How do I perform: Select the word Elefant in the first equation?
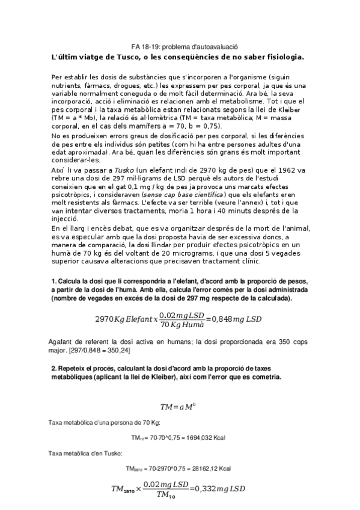tap(137, 318)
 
